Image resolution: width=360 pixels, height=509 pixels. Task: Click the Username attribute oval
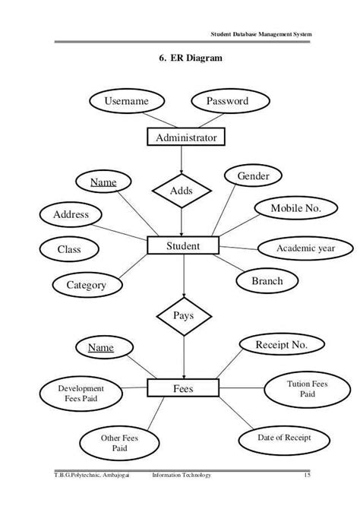[125, 102]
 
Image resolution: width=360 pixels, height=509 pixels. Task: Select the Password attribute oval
[227, 102]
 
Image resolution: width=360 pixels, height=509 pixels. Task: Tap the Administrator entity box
[185, 138]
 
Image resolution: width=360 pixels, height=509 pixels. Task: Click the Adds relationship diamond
[182, 191]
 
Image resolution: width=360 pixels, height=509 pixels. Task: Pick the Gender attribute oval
[254, 176]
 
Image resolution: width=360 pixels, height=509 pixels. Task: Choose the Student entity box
[183, 246]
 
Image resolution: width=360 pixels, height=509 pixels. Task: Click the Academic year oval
[303, 248]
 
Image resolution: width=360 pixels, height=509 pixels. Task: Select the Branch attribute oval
[267, 281]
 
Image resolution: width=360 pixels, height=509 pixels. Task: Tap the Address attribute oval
[70, 215]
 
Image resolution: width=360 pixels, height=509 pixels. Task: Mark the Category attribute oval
[87, 286]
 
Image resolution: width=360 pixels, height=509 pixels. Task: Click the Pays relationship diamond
[183, 315]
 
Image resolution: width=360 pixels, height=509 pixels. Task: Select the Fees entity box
[183, 389]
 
